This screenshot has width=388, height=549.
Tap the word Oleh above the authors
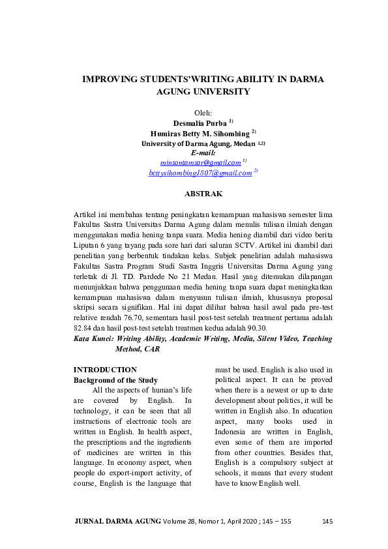click(x=204, y=113)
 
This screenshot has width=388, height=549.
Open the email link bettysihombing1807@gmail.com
click(x=200, y=173)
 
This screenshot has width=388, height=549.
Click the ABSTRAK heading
click(x=204, y=194)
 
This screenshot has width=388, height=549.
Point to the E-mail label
click(x=204, y=153)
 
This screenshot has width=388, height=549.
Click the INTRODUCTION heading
click(x=105, y=370)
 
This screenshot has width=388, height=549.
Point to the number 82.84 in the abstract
click(x=83, y=328)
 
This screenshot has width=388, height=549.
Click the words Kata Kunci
click(x=93, y=339)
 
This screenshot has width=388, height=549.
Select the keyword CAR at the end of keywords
click(x=152, y=349)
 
